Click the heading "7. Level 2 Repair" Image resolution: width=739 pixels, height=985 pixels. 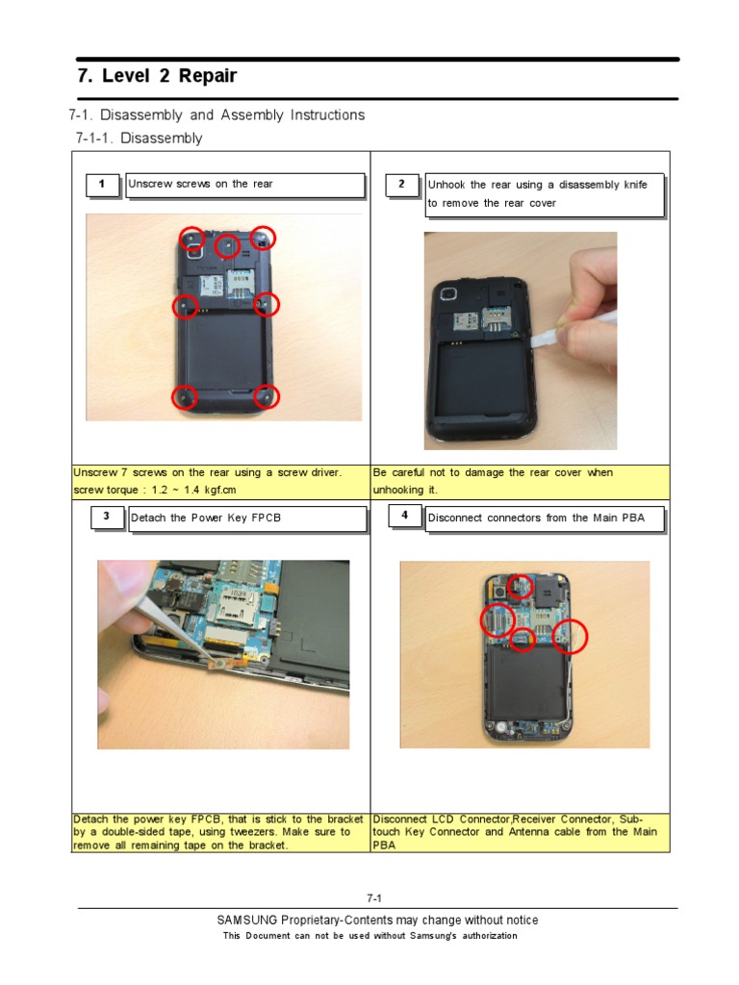click(x=157, y=76)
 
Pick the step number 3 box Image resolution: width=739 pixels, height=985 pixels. click(x=107, y=518)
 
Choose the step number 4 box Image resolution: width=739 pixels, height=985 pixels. click(x=405, y=517)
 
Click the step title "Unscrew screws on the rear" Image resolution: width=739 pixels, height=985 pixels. click(x=201, y=184)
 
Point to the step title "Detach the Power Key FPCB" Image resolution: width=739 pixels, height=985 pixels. click(x=206, y=518)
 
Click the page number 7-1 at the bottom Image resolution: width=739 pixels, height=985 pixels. click(x=374, y=898)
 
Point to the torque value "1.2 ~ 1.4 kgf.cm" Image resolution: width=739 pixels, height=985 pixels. click(x=193, y=490)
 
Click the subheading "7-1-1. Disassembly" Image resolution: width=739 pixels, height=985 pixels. click(x=139, y=139)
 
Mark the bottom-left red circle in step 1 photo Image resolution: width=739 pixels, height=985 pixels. click(x=185, y=396)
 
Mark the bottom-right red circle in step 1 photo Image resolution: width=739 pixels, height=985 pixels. click(x=266, y=396)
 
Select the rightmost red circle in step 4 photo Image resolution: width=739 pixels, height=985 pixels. click(x=570, y=637)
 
